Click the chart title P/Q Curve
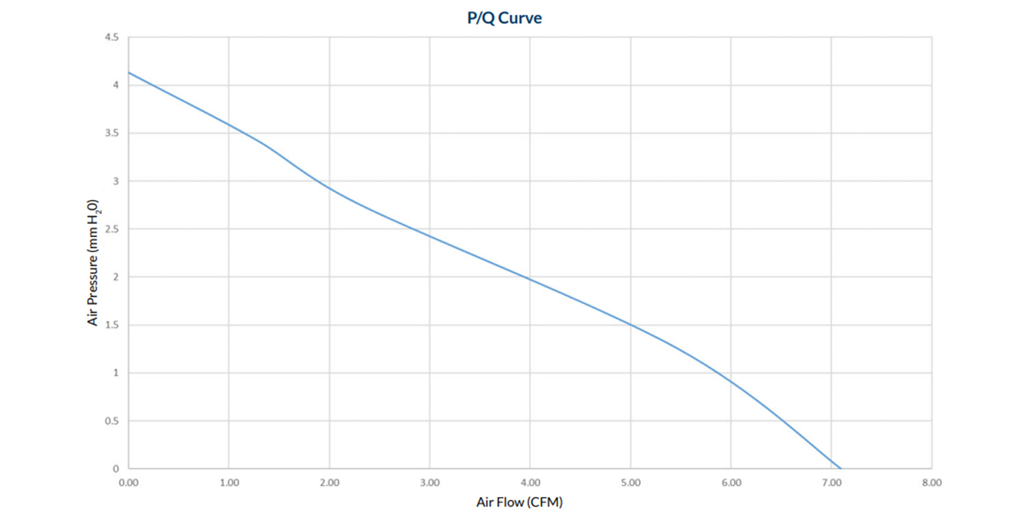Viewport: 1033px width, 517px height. pyautogui.click(x=504, y=18)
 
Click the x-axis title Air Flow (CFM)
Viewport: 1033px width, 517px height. pyautogui.click(x=519, y=502)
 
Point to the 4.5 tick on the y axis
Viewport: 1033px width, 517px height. pyautogui.click(x=112, y=37)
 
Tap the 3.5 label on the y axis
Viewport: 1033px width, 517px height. pyautogui.click(x=112, y=133)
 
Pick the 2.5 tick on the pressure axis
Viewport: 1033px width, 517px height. pyautogui.click(x=112, y=229)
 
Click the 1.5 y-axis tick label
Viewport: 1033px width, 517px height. pyautogui.click(x=112, y=325)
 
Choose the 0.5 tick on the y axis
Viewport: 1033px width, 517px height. pyautogui.click(x=112, y=421)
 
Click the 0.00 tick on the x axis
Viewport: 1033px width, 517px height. pyautogui.click(x=129, y=483)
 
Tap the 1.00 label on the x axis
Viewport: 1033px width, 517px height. pyautogui.click(x=229, y=483)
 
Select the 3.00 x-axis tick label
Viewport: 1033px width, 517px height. pyautogui.click(x=430, y=483)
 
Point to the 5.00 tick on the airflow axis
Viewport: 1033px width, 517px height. pyautogui.click(x=631, y=483)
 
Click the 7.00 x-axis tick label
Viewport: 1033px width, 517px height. pyautogui.click(x=832, y=483)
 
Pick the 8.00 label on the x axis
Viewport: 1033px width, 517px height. pyautogui.click(x=932, y=483)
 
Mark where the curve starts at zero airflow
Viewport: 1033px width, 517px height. pyautogui.click(x=129, y=73)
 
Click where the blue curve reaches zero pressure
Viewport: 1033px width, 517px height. pyautogui.click(x=841, y=468)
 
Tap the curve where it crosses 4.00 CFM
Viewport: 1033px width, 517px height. pyautogui.click(x=530, y=280)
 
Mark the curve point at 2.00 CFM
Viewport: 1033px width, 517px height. pyautogui.click(x=329, y=188)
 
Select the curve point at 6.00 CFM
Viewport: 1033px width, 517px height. pyautogui.click(x=731, y=381)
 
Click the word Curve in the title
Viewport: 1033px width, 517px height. pyautogui.click(x=520, y=18)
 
